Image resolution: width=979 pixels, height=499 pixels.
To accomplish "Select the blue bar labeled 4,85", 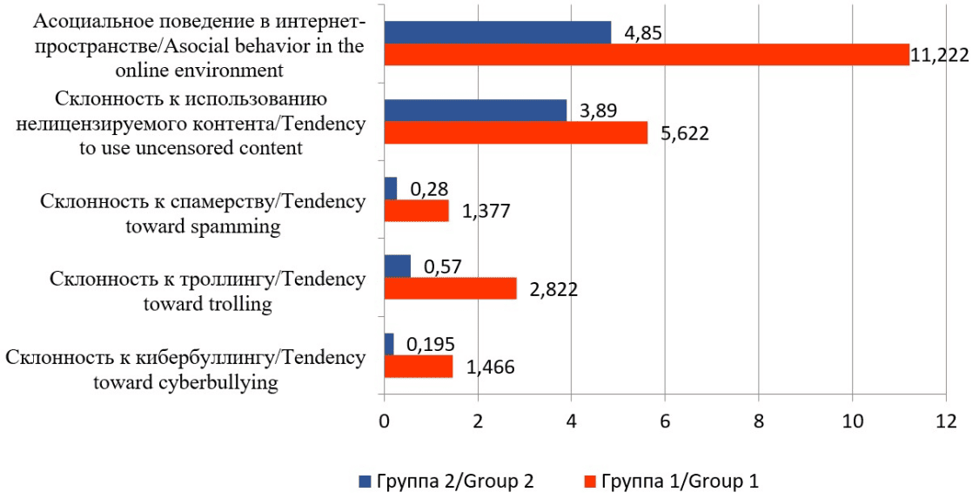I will pyautogui.click(x=497, y=32).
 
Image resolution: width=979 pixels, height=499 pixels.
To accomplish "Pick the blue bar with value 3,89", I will pyautogui.click(x=474, y=111).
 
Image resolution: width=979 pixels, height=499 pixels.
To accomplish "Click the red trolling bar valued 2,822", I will pyautogui.click(x=450, y=288).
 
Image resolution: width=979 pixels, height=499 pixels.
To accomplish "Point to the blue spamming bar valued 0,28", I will pyautogui.click(x=390, y=188).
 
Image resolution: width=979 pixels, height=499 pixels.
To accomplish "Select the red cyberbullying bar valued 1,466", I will pyautogui.click(x=418, y=366).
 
